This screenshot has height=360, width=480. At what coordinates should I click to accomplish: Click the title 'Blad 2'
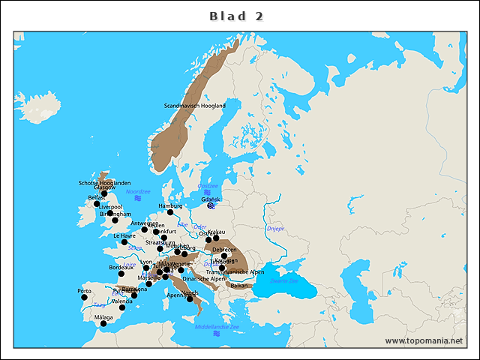(236, 16)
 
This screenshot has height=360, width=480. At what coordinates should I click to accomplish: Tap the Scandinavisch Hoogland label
(194, 106)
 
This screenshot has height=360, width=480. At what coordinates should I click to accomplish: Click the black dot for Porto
(84, 297)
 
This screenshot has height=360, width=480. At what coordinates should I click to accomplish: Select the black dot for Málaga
(103, 324)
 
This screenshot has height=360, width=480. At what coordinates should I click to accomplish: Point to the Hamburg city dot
(170, 212)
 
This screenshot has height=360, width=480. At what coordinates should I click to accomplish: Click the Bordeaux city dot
(121, 274)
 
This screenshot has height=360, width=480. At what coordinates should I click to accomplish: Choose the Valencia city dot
(122, 307)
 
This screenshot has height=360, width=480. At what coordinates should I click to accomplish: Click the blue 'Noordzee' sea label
(138, 192)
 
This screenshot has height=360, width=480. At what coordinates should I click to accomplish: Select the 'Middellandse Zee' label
(217, 327)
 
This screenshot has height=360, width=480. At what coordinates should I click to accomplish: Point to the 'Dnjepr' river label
(275, 228)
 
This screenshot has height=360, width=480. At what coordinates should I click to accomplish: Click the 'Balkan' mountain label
(239, 286)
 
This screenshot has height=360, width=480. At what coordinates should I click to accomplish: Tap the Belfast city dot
(97, 204)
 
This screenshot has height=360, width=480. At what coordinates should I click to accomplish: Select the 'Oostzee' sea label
(208, 186)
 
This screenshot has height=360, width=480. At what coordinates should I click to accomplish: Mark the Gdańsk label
(211, 199)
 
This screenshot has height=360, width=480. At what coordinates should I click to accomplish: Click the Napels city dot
(191, 299)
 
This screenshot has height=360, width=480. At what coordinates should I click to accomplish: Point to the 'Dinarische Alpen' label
(203, 278)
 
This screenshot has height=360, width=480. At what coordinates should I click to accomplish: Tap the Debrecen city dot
(224, 256)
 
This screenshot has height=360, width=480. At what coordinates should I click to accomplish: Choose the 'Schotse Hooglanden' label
(104, 182)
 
